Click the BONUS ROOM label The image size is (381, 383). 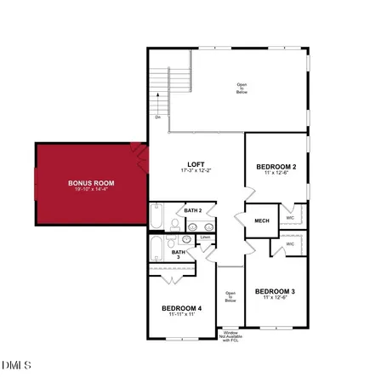tap(91, 182)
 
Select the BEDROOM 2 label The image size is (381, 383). tap(275, 167)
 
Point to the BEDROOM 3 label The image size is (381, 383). tap(275, 291)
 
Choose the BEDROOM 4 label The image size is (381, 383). tap(181, 308)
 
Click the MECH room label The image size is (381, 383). tap(262, 221)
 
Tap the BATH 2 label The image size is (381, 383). tap(192, 210)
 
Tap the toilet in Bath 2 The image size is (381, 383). tap(174, 225)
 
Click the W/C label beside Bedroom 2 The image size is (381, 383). tap(290, 217)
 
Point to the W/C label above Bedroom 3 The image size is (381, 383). tap(290, 244)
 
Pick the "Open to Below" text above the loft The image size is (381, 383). tap(242, 87)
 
